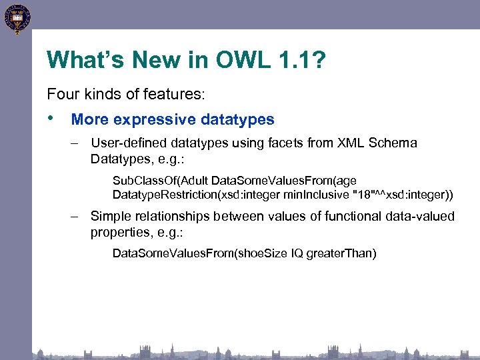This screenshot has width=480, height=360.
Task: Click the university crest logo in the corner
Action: (17, 18)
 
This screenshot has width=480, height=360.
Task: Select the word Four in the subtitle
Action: (61, 94)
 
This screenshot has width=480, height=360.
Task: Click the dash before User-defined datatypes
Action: (77, 143)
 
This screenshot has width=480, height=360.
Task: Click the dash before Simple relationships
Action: (77, 217)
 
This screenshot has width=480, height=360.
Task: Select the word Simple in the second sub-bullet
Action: (109, 217)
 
